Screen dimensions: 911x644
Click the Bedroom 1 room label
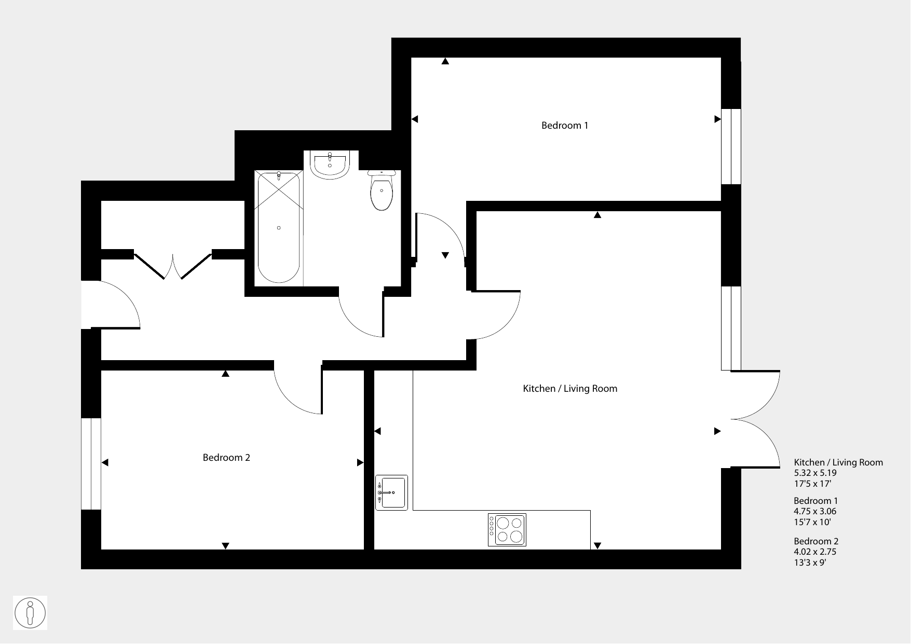[565, 126]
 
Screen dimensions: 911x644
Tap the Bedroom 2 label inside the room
[226, 458]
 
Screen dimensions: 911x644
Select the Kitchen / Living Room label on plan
[570, 389]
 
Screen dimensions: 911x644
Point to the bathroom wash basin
[330, 165]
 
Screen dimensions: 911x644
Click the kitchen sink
[391, 492]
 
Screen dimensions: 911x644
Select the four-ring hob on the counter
[507, 530]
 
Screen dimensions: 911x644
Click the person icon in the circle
[30, 613]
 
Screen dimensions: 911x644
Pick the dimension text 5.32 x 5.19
[815, 473]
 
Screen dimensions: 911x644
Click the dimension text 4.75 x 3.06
[815, 511]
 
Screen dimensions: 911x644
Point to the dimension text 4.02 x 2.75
[815, 552]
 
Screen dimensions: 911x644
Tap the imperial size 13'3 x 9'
[810, 562]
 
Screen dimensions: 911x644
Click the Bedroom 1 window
[731, 146]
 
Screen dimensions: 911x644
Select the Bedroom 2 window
[91, 464]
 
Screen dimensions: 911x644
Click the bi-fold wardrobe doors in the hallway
[173, 266]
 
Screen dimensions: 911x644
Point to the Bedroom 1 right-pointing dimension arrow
[718, 119]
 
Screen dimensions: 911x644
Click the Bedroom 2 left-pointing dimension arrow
[105, 463]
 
